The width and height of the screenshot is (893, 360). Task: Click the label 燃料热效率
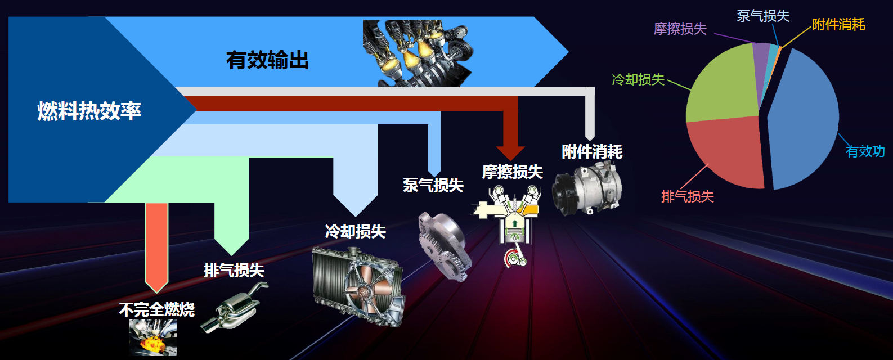(x=89, y=111)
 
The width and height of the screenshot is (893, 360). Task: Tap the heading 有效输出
(x=267, y=60)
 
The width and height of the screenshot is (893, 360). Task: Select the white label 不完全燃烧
(x=156, y=309)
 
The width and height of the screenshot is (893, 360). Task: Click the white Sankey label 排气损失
(x=234, y=270)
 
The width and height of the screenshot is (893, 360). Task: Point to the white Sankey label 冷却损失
(x=355, y=231)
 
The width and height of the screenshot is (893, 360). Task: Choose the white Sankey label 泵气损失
(x=433, y=185)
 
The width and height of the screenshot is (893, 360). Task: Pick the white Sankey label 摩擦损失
(x=512, y=172)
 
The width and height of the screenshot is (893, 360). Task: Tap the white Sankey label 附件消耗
(x=592, y=151)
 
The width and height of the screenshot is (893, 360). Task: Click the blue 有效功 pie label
(x=865, y=151)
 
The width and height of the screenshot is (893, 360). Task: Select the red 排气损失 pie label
(x=687, y=196)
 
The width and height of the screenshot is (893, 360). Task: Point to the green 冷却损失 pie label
(x=638, y=79)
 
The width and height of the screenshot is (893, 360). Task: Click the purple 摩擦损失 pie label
(x=680, y=29)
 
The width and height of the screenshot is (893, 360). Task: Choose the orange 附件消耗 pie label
(x=838, y=24)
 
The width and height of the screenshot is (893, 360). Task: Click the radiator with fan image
(x=358, y=284)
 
